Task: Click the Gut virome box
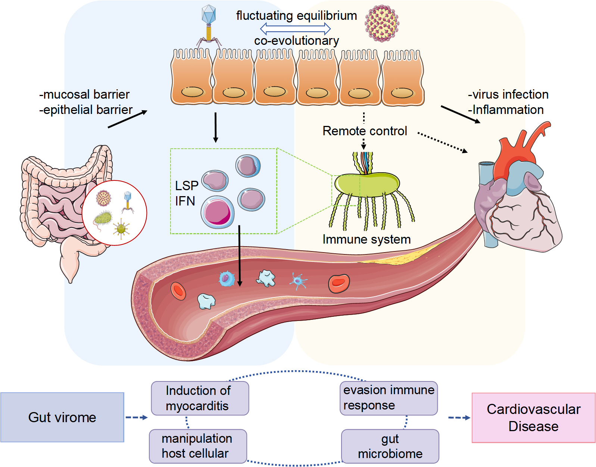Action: [x=62, y=417]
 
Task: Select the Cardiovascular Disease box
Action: [x=533, y=418]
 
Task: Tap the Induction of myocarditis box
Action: [x=200, y=398]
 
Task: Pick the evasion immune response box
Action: [x=389, y=398]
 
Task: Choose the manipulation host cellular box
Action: [x=198, y=446]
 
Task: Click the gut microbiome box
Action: [x=390, y=446]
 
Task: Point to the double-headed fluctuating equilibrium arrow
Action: [x=295, y=28]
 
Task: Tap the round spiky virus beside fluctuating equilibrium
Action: [x=381, y=23]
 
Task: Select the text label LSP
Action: [x=187, y=186]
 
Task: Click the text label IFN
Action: [x=185, y=201]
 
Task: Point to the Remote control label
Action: [x=365, y=131]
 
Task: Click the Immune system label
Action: [x=366, y=239]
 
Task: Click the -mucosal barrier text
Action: [x=84, y=95]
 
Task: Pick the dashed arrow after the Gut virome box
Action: [x=137, y=417]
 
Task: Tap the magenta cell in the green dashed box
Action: [x=217, y=212]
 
